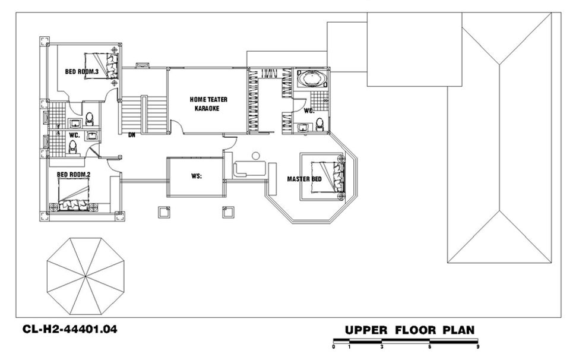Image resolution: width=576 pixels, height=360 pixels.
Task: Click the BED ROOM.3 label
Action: pyautogui.click(x=81, y=72)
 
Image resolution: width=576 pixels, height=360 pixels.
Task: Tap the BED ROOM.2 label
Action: pyautogui.click(x=74, y=175)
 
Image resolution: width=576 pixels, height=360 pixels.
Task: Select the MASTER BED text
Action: pyautogui.click(x=304, y=179)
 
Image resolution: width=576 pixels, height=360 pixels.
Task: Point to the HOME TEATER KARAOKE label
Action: pyautogui.click(x=208, y=104)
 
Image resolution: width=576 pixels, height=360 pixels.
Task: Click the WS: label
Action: pyautogui.click(x=197, y=176)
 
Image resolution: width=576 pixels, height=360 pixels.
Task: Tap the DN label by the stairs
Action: pyautogui.click(x=132, y=135)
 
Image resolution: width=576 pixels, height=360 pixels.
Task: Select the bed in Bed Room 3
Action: pyautogui.click(x=102, y=66)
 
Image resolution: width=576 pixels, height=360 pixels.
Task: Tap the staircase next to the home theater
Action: pyautogui.click(x=144, y=114)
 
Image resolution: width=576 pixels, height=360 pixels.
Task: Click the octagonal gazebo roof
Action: pyautogui.click(x=86, y=276)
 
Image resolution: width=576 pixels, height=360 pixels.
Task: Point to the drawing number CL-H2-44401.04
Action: pyautogui.click(x=70, y=329)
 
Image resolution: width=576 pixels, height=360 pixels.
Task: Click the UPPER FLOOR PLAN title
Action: pyautogui.click(x=410, y=330)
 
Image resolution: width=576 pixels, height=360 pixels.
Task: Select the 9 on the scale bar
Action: pyautogui.click(x=478, y=346)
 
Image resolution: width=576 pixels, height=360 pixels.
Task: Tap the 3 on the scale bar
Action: pyautogui.click(x=382, y=346)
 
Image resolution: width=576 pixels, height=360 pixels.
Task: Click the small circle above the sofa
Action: pyautogui.click(x=256, y=156)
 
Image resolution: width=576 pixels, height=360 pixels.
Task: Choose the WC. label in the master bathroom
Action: pyautogui.click(x=309, y=110)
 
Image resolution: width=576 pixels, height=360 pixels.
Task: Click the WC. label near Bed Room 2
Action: pyautogui.click(x=75, y=135)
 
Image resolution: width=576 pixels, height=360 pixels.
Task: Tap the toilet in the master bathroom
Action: pyautogui.click(x=319, y=125)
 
